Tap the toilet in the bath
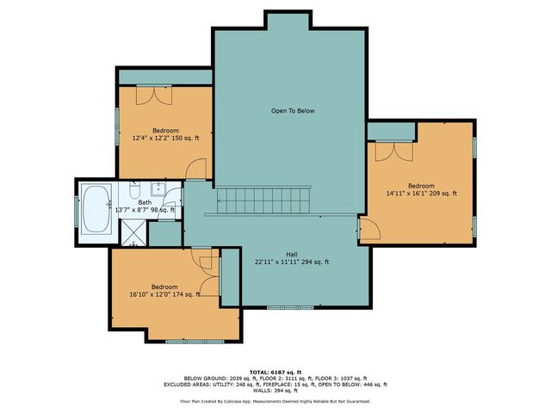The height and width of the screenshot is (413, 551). (135, 189)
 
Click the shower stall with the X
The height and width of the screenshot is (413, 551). (133, 231)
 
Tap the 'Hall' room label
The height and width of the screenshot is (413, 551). (292, 253)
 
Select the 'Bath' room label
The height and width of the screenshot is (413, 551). (145, 201)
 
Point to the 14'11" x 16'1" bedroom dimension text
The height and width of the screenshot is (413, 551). (421, 194)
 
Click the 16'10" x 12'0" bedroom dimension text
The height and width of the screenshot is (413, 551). (164, 294)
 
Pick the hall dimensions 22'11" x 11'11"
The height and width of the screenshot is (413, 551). (292, 262)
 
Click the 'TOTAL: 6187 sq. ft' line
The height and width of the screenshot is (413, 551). (275, 372)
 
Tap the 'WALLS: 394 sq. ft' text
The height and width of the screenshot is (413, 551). (275, 391)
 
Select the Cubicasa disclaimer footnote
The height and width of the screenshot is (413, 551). (275, 401)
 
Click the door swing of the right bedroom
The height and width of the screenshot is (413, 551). (368, 228)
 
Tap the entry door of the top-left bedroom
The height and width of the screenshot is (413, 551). (197, 170)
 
